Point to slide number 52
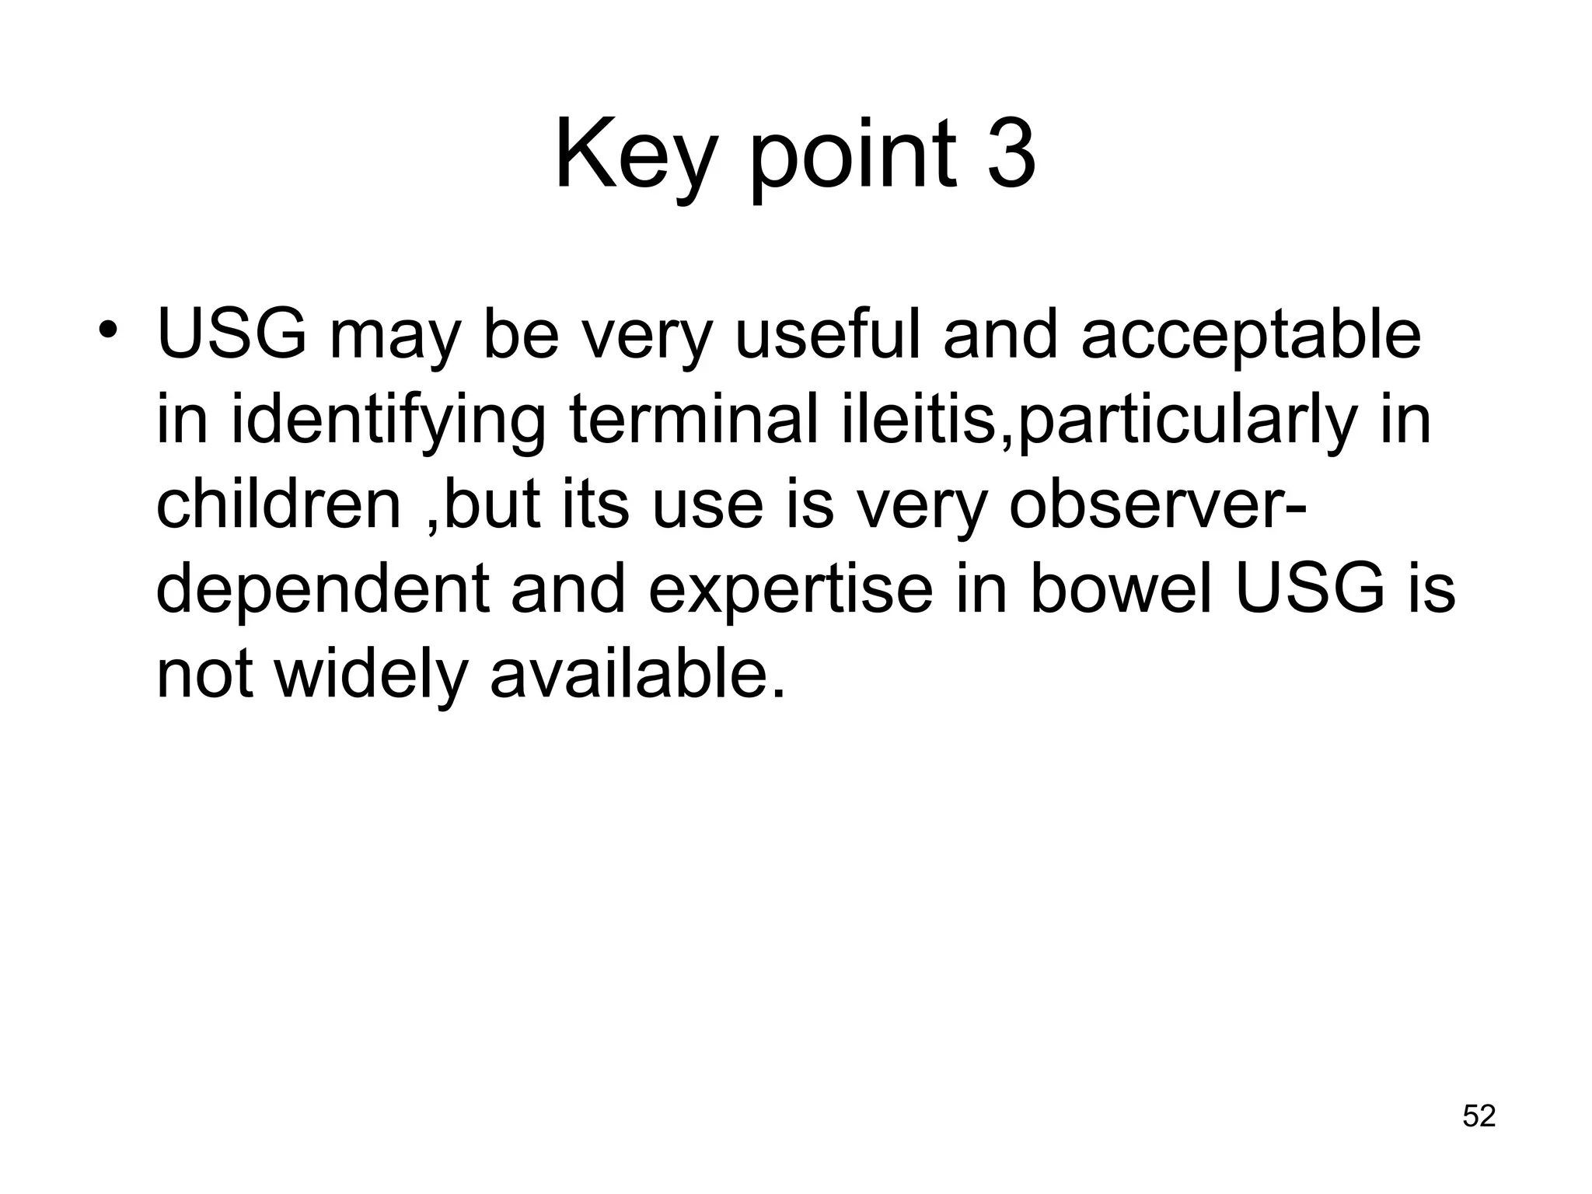[x=1479, y=1115]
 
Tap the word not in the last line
[x=204, y=675]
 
